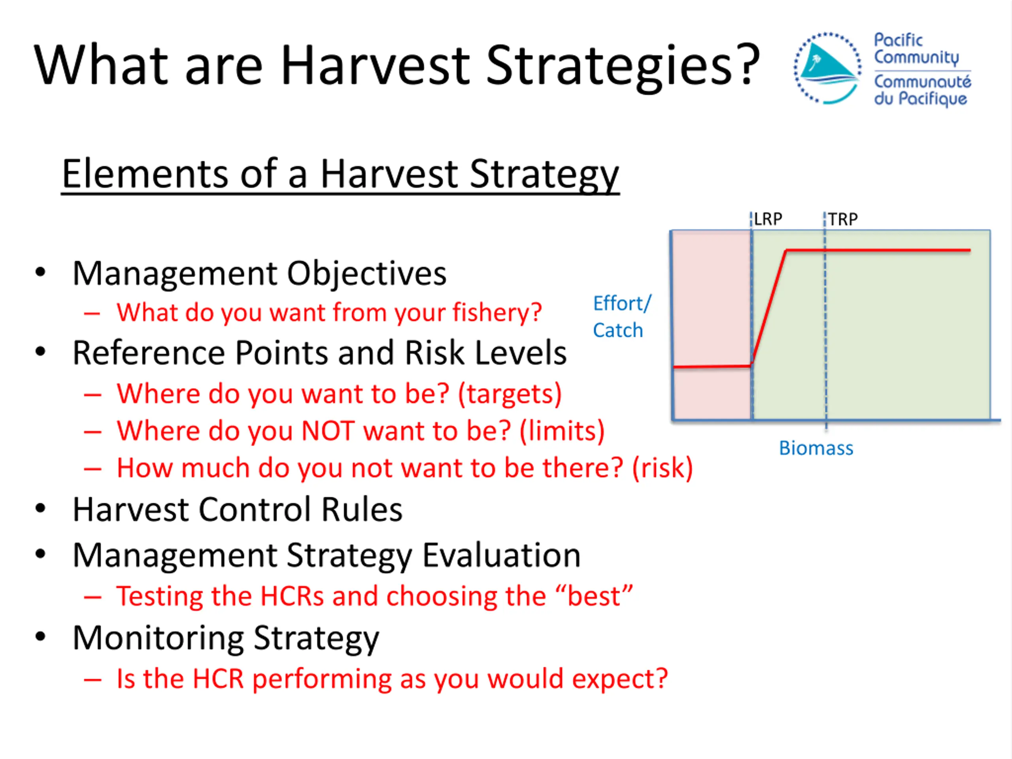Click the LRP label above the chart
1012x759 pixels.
(768, 219)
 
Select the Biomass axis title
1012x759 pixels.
(816, 448)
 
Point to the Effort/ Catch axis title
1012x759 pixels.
(622, 317)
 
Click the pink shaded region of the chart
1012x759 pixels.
(712, 325)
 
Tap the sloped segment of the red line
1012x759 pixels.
(768, 308)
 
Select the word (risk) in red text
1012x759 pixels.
(663, 468)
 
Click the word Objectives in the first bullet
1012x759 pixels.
(366, 273)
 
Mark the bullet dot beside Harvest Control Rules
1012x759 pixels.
(41, 508)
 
